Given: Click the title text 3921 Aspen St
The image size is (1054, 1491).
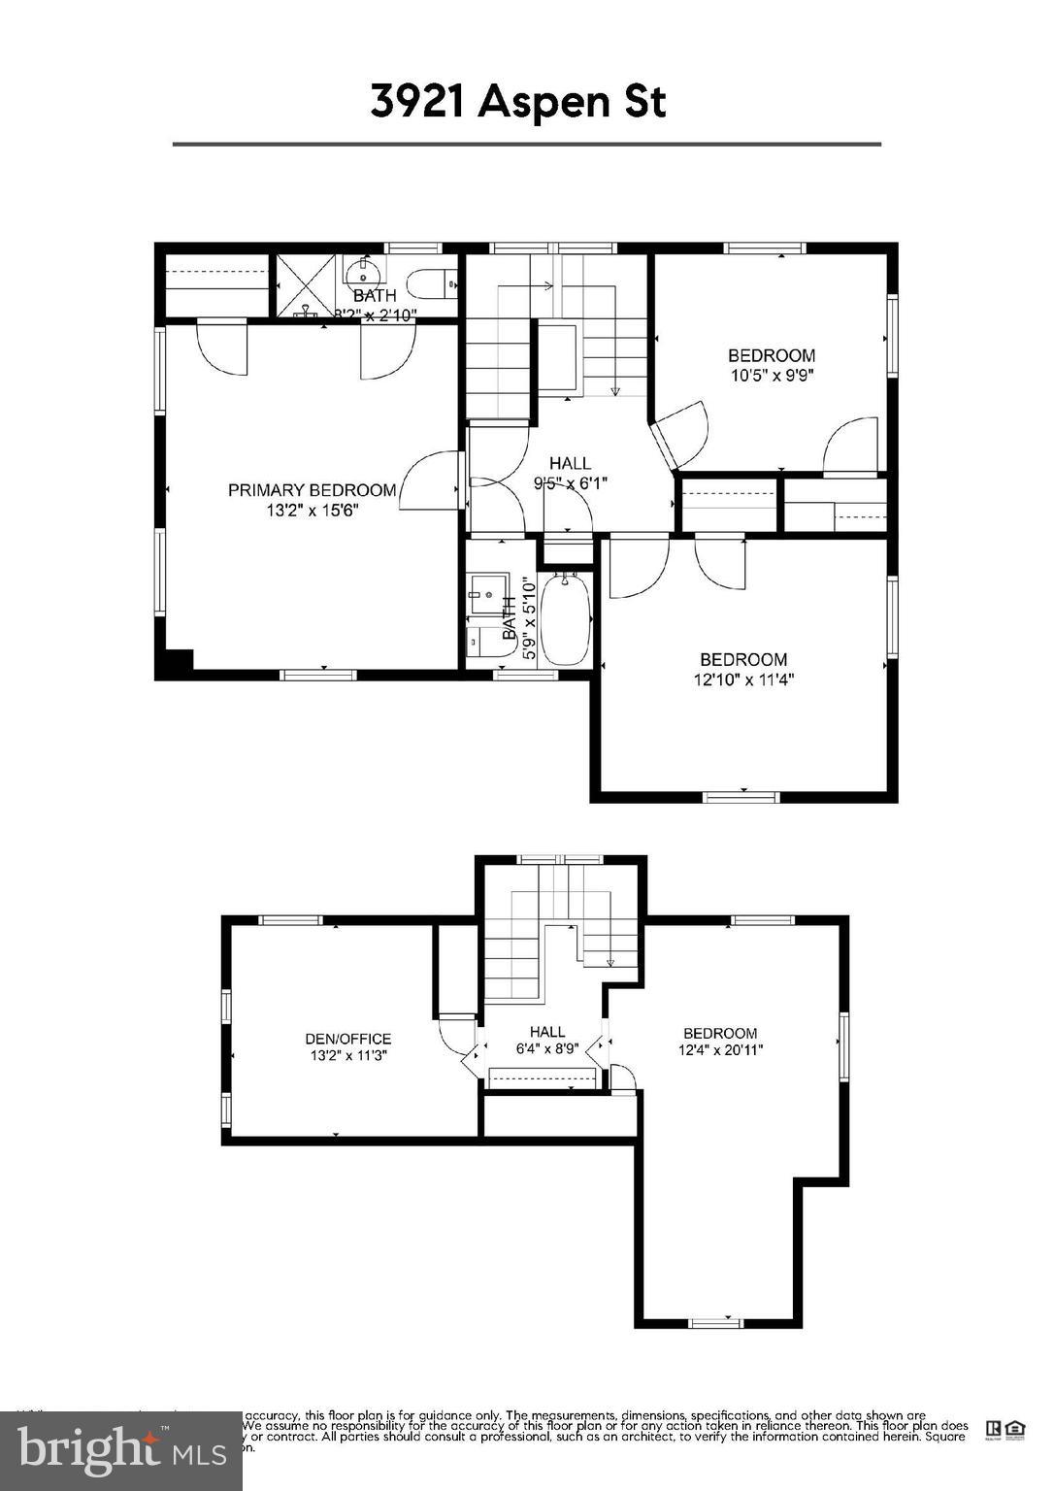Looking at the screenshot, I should (518, 102).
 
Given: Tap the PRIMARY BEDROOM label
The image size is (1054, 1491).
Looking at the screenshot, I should (312, 490).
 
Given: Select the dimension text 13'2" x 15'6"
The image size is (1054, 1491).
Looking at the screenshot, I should (313, 511).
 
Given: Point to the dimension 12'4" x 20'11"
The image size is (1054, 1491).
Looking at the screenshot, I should (720, 1049).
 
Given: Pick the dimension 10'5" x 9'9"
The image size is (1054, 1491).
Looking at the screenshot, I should (772, 375).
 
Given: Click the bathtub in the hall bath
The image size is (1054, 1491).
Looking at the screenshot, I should (565, 618).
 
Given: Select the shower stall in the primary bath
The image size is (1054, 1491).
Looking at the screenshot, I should (306, 285).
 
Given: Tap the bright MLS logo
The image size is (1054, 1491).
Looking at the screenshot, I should (121, 1450).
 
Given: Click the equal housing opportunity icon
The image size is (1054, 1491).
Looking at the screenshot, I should (1014, 1428).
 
